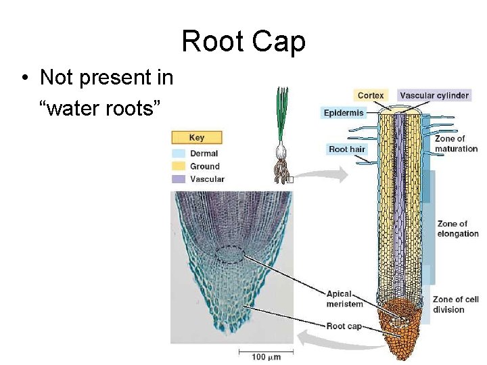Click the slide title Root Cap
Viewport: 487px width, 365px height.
(x=243, y=41)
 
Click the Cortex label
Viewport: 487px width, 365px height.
(x=371, y=95)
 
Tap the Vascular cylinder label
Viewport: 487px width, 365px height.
(x=434, y=95)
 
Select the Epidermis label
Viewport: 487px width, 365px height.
(x=344, y=113)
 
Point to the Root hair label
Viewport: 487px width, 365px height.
(x=346, y=149)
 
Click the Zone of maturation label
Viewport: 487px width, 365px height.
(x=456, y=144)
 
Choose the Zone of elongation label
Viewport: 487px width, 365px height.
(x=458, y=228)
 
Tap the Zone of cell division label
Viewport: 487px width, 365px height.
(x=455, y=304)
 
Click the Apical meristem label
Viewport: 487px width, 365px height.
(x=344, y=299)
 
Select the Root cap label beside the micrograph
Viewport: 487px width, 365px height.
(x=344, y=326)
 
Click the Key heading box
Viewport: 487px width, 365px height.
(x=197, y=137)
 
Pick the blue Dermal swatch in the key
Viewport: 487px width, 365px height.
(x=179, y=153)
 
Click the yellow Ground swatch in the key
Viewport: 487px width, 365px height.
(x=179, y=166)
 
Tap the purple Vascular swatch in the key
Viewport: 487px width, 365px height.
(x=179, y=179)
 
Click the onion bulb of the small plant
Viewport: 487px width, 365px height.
(x=282, y=153)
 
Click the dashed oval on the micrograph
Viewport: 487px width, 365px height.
(x=231, y=254)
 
